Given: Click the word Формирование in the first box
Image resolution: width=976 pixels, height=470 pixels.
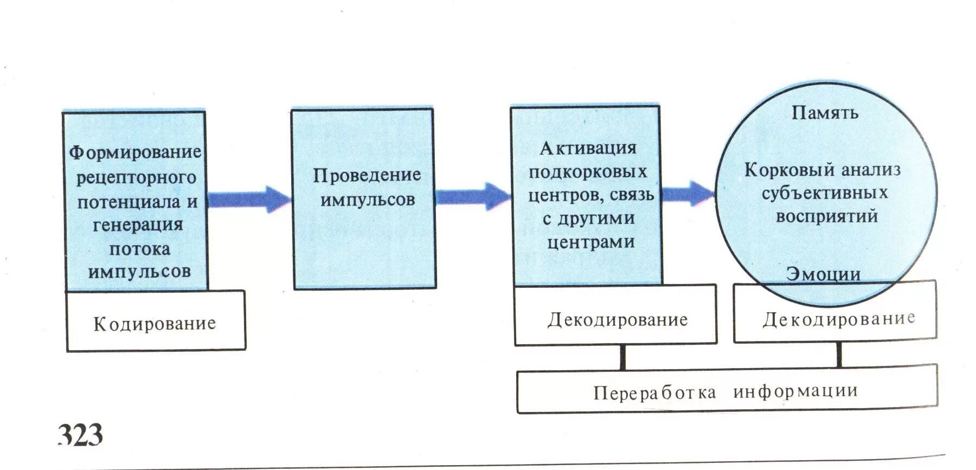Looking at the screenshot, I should coord(135,152).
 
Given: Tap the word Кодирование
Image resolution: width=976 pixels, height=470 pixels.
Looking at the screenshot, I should coord(155,324).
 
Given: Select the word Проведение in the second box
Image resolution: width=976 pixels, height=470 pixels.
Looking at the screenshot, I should coord(367,175).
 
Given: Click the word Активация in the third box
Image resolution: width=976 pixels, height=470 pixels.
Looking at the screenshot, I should coord(588,148).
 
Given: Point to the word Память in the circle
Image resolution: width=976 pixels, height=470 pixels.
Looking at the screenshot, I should coord(825,113).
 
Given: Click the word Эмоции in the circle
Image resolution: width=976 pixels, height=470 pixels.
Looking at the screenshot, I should coord(824,274).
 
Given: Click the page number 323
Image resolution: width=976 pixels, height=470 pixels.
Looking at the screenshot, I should coord(80,435).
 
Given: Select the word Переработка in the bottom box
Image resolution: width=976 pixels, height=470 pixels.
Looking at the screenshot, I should coord(654,392).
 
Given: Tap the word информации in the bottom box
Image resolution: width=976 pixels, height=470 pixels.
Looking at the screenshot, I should coord(795,390).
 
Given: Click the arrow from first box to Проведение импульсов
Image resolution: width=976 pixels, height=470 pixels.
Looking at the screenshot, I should coord(249,199).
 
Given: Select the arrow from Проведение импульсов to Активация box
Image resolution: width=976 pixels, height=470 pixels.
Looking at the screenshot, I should coord(472,196).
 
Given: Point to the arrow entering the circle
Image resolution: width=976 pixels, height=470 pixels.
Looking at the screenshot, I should coord(688,194).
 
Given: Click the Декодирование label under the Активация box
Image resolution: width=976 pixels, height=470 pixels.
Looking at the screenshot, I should coord(618,320).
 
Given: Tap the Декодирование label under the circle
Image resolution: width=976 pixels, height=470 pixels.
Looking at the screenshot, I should coord(839,319).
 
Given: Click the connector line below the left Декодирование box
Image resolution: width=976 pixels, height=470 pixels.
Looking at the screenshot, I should coord(622,357).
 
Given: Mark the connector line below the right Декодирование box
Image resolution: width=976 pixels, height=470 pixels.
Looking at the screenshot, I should coord(839,355).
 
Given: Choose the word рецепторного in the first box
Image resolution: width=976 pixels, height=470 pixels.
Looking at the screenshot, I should coord(136,177).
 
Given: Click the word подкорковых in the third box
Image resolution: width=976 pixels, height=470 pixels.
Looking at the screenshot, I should coord(588,172).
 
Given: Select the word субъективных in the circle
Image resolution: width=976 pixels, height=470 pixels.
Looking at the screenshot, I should coord(824,193).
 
